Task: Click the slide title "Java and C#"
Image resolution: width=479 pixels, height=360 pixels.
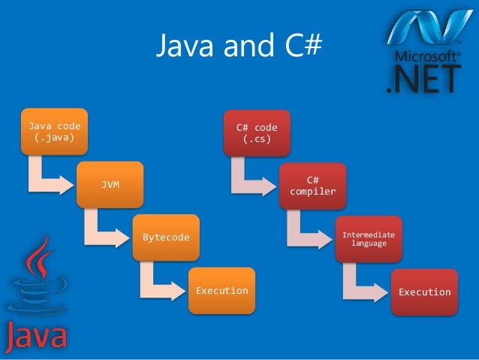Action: tap(239, 47)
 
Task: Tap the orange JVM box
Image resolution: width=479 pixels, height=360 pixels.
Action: tap(110, 184)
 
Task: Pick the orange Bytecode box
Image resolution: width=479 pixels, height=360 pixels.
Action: tap(166, 237)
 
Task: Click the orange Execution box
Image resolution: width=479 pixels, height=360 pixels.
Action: tap(221, 290)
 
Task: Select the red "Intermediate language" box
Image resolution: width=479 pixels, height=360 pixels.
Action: tap(369, 238)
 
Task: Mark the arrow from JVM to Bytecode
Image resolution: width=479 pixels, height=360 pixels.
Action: tap(102, 231)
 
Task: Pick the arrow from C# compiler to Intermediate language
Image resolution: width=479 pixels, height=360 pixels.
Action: tap(305, 232)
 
